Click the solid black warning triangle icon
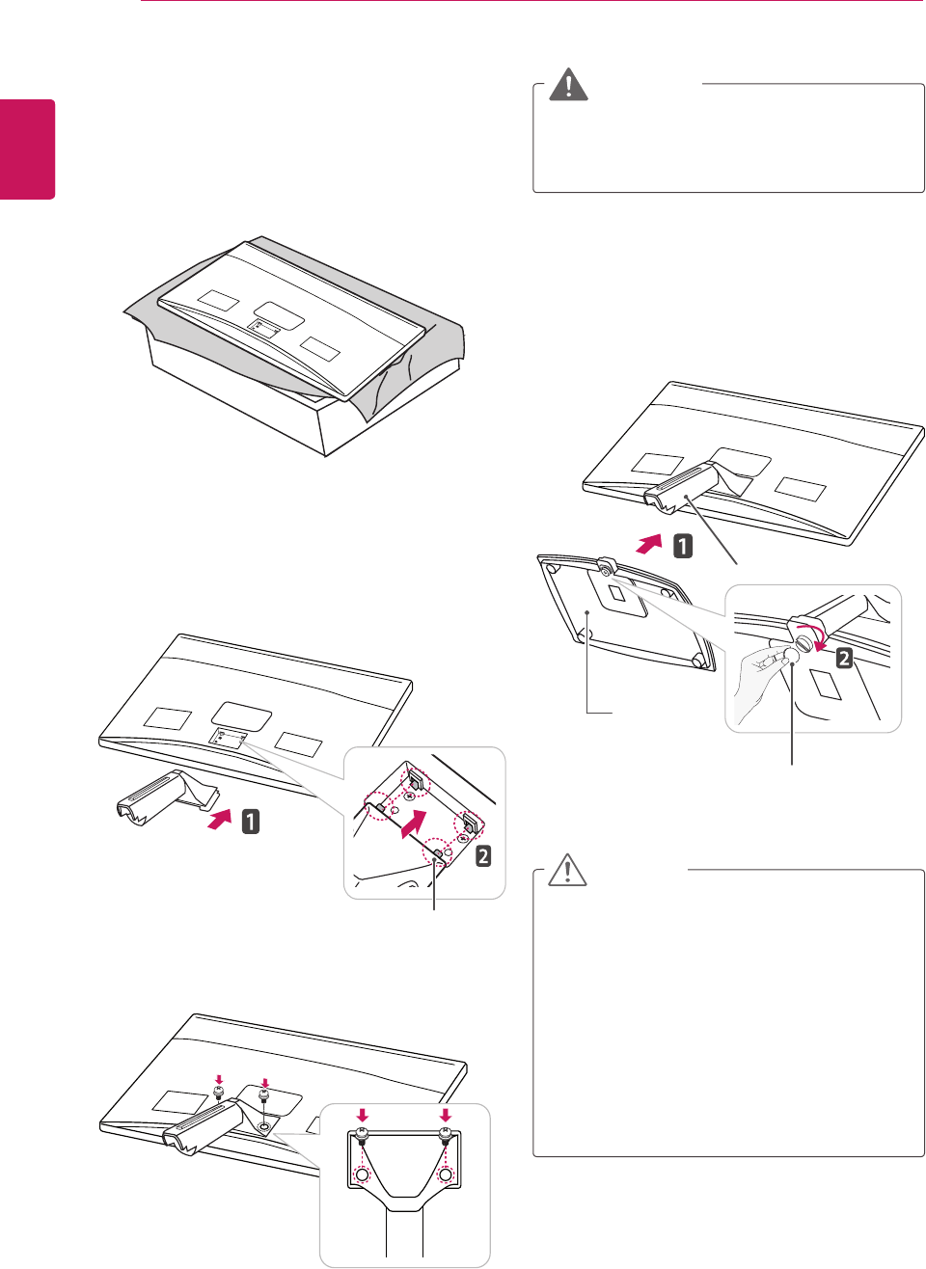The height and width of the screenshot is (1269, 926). [569, 85]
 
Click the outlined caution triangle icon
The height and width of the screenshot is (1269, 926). [568, 871]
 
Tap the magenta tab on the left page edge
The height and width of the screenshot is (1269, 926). [27, 148]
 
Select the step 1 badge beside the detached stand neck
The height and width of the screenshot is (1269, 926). [250, 822]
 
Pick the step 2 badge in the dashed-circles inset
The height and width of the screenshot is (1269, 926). [483, 854]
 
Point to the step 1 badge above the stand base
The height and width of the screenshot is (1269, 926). [683, 547]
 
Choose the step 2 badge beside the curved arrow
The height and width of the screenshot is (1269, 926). [844, 659]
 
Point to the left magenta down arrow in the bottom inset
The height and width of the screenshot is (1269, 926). [362, 1116]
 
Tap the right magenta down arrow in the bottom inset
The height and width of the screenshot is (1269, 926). [445, 1116]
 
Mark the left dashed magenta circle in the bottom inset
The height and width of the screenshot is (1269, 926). [362, 1175]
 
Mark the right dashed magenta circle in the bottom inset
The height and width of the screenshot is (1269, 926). [445, 1175]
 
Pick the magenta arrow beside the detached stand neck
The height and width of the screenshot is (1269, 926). [221, 820]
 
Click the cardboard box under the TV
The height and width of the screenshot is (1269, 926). [289, 405]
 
